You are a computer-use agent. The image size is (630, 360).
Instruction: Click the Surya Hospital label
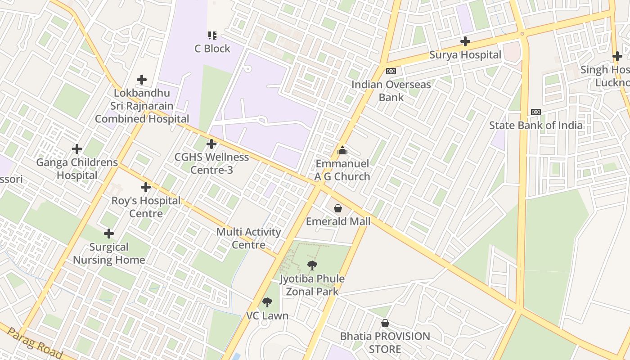point(465,55)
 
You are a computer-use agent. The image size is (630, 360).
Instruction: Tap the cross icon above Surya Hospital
point(465,42)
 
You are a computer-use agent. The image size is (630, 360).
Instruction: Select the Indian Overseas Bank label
point(391,91)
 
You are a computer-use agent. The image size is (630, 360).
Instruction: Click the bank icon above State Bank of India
point(535,112)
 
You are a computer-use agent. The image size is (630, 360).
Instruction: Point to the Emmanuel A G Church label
point(342,170)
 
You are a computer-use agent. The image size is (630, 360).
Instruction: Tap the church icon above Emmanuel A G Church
point(342,150)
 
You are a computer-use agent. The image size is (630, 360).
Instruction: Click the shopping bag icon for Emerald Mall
point(338,208)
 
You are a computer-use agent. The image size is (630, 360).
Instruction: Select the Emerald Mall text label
point(338,221)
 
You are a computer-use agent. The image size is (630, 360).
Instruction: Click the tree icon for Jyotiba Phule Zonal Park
point(312,265)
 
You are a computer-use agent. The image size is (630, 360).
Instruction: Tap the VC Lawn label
point(267,315)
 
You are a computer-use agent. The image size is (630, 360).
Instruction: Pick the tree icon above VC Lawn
point(267,302)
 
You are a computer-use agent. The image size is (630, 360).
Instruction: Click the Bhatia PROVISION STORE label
point(385,342)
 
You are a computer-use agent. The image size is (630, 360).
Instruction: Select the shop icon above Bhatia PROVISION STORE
point(385,323)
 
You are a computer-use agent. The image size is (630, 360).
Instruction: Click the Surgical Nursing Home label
point(109,253)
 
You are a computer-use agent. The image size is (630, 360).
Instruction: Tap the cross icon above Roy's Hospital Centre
point(145,187)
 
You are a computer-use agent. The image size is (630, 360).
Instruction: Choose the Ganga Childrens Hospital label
point(77,169)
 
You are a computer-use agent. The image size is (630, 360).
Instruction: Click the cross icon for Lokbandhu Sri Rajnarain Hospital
point(142,80)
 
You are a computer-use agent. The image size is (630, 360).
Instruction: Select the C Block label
point(212,49)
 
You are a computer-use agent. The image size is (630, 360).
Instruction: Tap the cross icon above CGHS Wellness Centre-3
point(211,144)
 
